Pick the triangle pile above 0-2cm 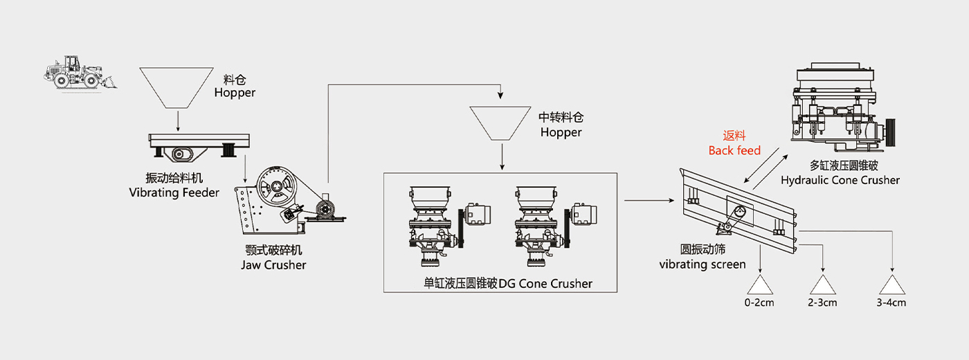[x=759, y=285]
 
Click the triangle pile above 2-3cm [x=822, y=285]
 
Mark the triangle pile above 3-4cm [x=891, y=285]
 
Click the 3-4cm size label [x=891, y=303]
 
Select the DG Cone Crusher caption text [x=508, y=283]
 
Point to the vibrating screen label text [x=702, y=257]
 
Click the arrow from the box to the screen [x=649, y=201]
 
